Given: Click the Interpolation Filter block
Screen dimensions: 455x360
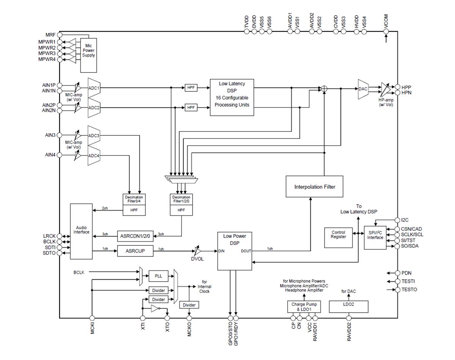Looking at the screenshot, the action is pos(314,186).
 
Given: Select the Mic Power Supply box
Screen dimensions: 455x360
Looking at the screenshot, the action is pos(89,55).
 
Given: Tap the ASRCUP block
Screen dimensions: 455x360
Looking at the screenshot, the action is pos(135,251).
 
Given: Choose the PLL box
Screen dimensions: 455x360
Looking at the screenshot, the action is pos(158,276).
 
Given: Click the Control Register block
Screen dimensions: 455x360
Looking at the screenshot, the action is pos(338,237).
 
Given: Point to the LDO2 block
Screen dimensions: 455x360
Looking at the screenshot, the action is pos(348,307).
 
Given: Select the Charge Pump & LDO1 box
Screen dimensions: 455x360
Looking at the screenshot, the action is pos(304,307).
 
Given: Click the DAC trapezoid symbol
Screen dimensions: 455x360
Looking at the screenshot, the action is pos(363,89).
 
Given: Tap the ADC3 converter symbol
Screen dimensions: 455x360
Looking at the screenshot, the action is pos(94,135).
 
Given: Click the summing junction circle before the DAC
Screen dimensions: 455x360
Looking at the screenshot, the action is pos(324,89).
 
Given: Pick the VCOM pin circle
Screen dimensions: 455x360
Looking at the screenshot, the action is pos(386,31).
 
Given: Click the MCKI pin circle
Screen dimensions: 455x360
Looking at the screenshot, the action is pos(92,318).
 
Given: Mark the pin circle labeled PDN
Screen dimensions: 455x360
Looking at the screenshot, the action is pos(398,273).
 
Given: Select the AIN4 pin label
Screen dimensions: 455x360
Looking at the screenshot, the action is pos(50,155).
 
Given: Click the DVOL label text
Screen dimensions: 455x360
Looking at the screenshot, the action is pos(197,259).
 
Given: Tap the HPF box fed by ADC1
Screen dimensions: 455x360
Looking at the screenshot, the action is pos(191,88).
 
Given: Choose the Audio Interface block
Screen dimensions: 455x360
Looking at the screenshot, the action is pos(81,231).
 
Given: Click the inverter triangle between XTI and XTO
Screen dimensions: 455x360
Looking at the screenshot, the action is pos(155,308).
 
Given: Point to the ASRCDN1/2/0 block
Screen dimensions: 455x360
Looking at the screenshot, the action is pos(135,236).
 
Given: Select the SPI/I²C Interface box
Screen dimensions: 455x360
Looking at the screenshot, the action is pos(375,237).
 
